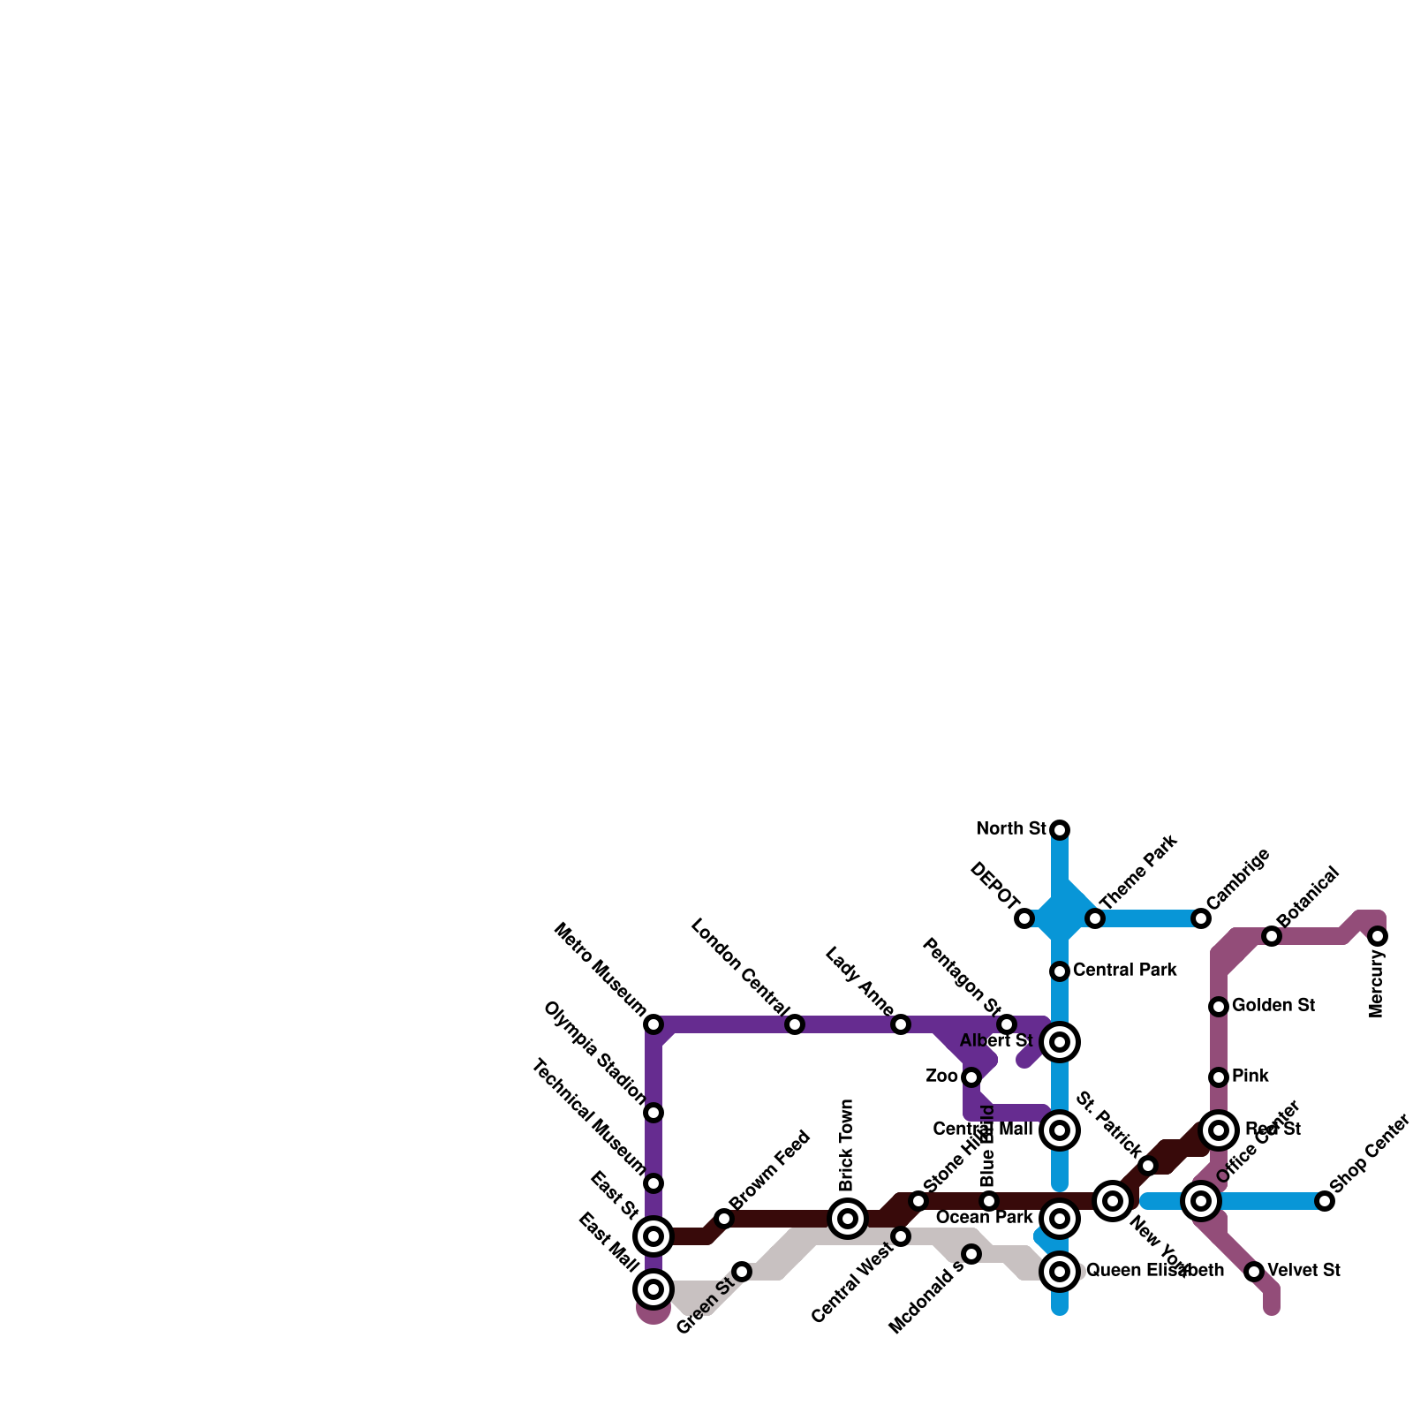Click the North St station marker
tap(1060, 829)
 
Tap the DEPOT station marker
tap(1024, 918)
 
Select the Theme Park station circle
tap(1095, 918)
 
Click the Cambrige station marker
tap(1201, 918)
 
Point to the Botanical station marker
tap(1272, 936)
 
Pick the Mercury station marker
tap(1378, 936)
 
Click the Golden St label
tap(1273, 1005)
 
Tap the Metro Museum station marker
tap(654, 1024)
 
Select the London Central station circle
tap(795, 1024)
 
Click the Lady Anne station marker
tap(901, 1024)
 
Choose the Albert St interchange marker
tap(1060, 1042)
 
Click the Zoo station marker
tap(971, 1077)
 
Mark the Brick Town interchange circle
tap(848, 1219)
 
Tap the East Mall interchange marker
tap(654, 1289)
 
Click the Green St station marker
tap(742, 1272)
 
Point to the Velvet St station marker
tap(1254, 1272)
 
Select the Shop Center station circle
tap(1325, 1201)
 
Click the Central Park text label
tap(1124, 970)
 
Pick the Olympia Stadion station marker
tap(654, 1113)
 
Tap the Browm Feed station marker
tap(724, 1219)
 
